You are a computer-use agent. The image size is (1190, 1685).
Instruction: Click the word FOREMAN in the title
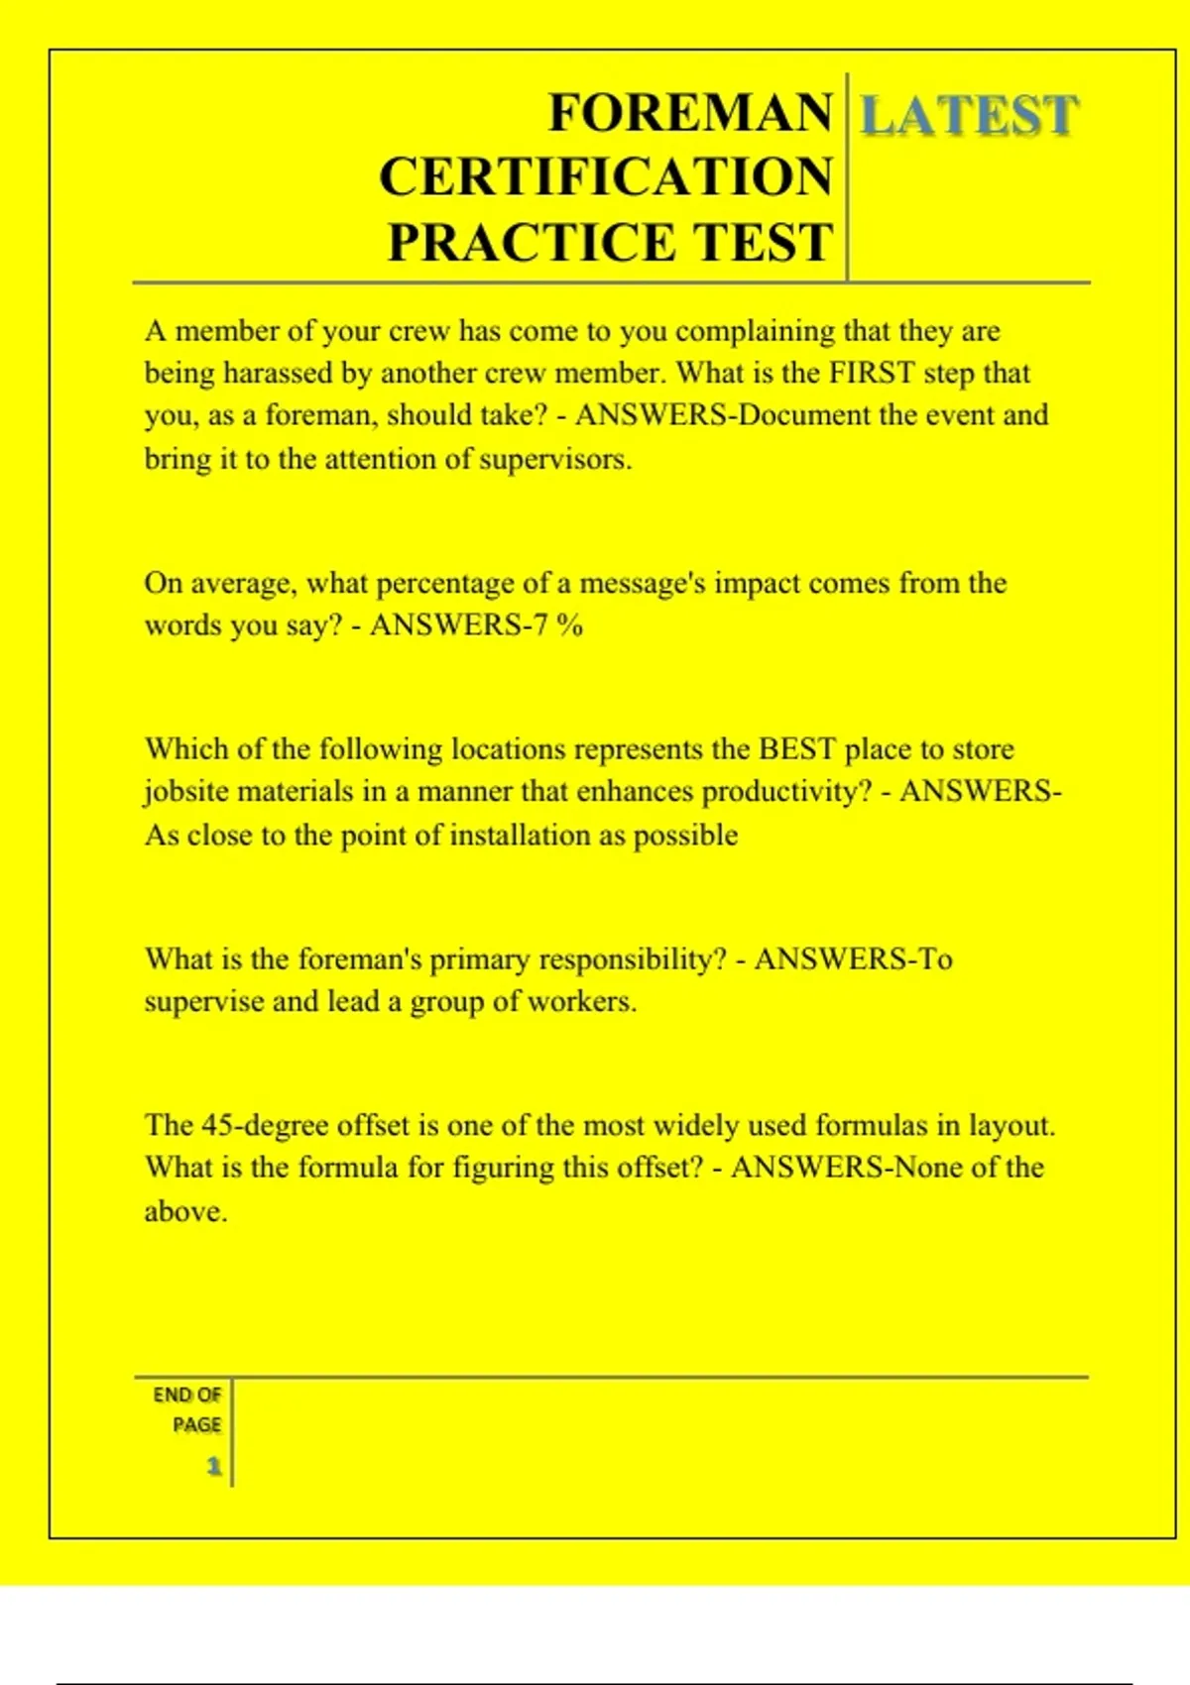690,113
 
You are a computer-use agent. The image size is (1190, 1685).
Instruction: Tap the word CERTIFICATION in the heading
605,177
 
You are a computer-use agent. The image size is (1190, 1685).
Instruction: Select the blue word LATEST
968,116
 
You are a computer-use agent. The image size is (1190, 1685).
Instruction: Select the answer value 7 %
558,625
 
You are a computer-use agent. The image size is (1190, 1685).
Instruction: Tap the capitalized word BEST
797,749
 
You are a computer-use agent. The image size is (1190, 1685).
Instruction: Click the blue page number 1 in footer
213,1466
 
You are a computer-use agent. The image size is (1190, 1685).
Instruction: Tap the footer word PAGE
196,1425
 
